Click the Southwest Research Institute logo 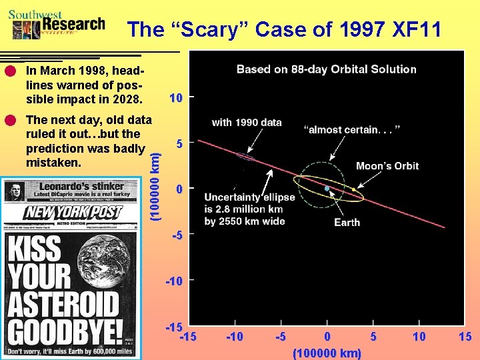click(57, 24)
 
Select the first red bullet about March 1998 click(9, 71)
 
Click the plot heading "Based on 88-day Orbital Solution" click(326, 69)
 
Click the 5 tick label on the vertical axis click(179, 143)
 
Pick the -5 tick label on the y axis click(177, 235)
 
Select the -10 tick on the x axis click(234, 337)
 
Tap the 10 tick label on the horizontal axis click(419, 337)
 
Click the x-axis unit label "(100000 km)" click(327, 353)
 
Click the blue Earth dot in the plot click(327, 189)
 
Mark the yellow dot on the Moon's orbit click(353, 189)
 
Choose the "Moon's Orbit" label click(387, 166)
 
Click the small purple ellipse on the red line click(245, 157)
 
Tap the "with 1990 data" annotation click(247, 122)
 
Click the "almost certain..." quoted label click(351, 129)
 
